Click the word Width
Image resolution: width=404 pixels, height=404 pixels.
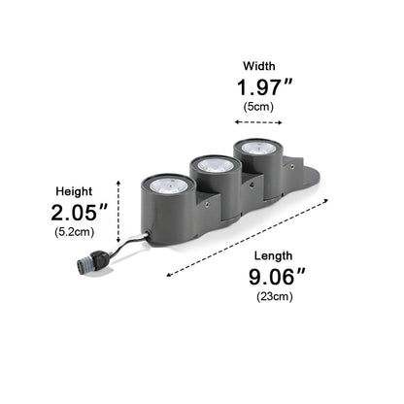259,66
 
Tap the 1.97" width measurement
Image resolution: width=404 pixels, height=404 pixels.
264,87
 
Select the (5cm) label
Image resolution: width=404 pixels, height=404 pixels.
258,107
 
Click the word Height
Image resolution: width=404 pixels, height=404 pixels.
74,191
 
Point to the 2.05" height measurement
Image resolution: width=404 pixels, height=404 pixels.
79,213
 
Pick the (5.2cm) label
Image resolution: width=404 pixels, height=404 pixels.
75,232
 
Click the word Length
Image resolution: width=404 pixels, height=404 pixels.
273,256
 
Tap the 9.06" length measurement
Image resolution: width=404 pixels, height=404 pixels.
277,277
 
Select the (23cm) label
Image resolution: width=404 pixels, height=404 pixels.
275,296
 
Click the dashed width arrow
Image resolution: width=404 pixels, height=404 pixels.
258,122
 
